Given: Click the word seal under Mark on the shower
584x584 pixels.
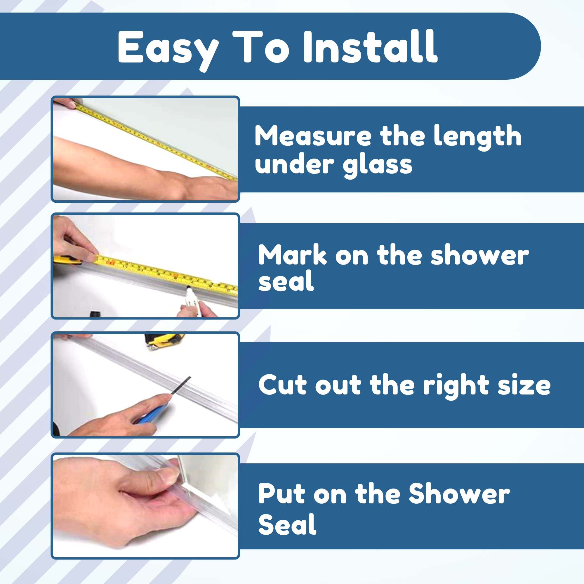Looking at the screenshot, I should (286, 281).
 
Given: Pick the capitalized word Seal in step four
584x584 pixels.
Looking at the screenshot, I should (287, 525).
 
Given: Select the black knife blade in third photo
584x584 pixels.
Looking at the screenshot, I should (181, 385).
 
